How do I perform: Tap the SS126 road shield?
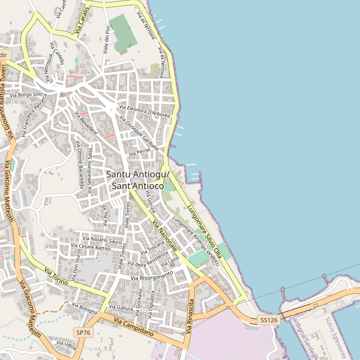269,321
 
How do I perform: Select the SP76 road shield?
83,332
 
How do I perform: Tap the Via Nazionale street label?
164,236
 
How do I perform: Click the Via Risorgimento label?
152,276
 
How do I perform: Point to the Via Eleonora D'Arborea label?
145,111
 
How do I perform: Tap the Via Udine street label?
66,346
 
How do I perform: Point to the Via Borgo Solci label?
32,95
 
